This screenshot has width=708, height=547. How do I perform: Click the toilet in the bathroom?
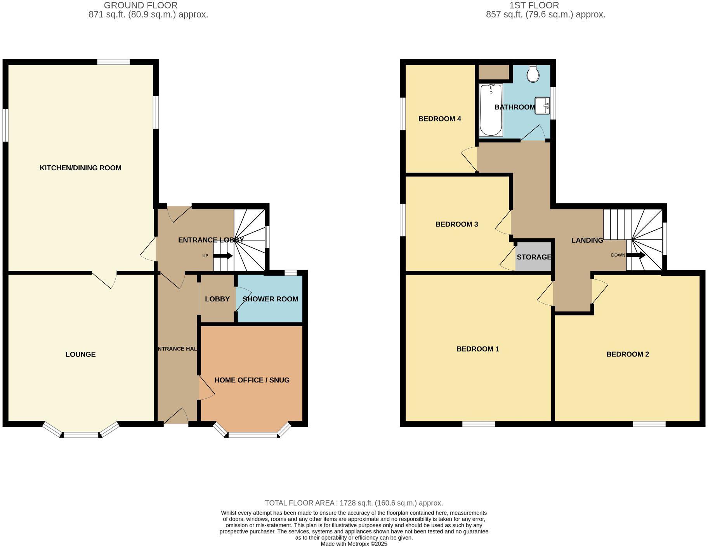(x=533, y=74)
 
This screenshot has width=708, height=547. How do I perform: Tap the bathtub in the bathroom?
(x=491, y=110)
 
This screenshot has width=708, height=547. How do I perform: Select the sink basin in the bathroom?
(x=542, y=106)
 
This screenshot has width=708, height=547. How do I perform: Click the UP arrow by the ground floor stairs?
(x=223, y=256)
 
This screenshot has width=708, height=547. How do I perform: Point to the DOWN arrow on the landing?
(x=635, y=255)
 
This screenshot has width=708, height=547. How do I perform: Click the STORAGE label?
(x=534, y=257)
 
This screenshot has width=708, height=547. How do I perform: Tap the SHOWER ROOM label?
(x=270, y=299)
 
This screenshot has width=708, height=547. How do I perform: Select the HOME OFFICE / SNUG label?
(x=252, y=380)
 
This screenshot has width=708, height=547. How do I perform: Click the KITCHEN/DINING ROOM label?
(x=80, y=168)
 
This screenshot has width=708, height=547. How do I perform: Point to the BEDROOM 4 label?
(x=439, y=119)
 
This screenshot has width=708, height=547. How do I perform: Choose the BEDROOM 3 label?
(x=456, y=224)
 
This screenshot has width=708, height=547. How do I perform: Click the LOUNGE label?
(x=80, y=355)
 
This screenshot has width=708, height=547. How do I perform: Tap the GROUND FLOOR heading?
(x=141, y=5)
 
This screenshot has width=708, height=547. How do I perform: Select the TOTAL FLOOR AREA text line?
(x=354, y=503)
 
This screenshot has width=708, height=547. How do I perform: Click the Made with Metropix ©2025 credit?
(x=354, y=544)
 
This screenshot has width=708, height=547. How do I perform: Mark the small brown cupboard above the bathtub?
(x=493, y=72)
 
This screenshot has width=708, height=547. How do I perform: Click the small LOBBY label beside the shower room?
(x=217, y=299)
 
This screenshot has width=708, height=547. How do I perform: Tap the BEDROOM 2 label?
(x=627, y=354)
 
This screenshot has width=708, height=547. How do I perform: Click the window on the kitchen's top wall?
(x=113, y=62)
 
